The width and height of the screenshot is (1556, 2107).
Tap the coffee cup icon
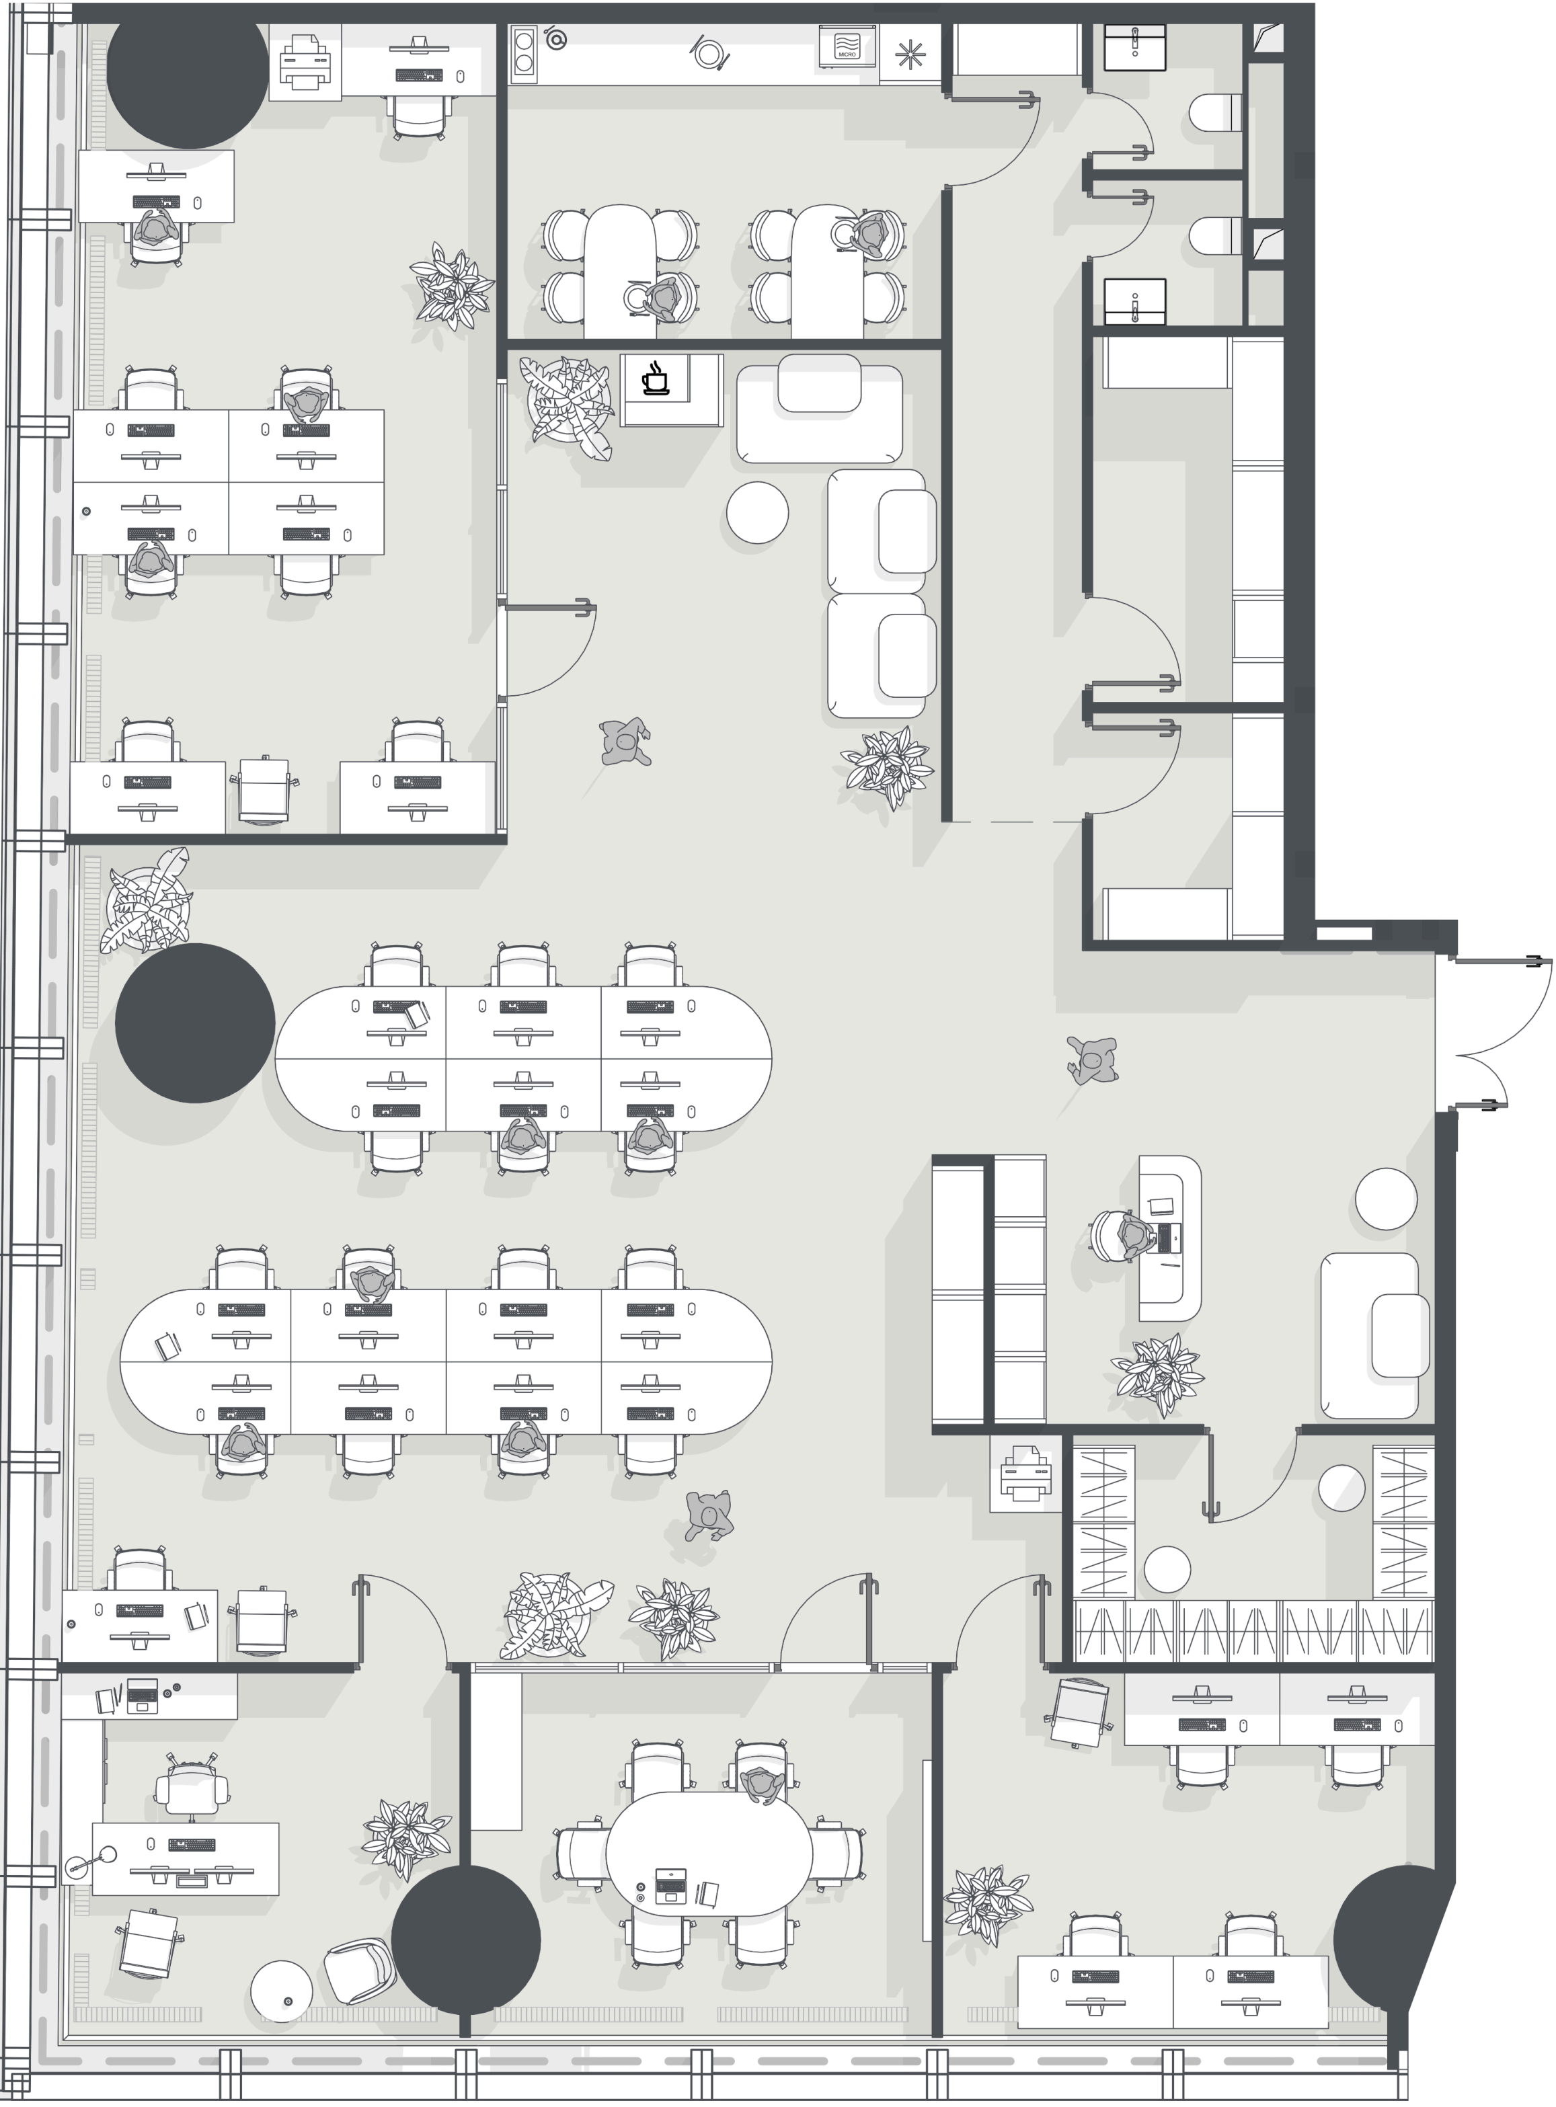[x=655, y=379]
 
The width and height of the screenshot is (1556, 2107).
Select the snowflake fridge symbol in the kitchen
[x=910, y=54]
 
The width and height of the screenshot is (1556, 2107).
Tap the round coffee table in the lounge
[x=757, y=512]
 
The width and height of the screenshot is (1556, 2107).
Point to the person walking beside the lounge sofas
[x=625, y=742]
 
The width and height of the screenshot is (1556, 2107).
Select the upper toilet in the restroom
[x=1215, y=114]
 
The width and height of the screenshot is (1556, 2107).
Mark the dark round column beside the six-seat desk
[x=195, y=1023]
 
